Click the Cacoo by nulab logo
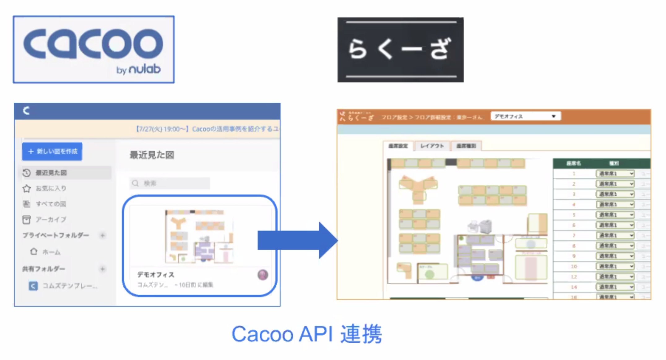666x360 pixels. coord(93,49)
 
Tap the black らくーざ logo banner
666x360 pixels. coord(400,50)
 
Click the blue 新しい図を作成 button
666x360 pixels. coord(52,151)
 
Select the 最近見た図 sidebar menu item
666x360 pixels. coord(51,173)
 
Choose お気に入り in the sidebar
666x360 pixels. coord(51,188)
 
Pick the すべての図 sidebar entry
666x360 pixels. coord(51,204)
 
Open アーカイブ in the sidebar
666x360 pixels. coord(51,220)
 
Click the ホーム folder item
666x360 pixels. coord(51,252)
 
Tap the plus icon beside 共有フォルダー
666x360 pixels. coord(102,269)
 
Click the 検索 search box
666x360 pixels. coord(170,183)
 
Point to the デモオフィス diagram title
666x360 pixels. coord(156,275)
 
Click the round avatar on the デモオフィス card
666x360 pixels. coord(263,275)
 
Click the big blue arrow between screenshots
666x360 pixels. coord(297,240)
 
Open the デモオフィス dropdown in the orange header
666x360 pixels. coord(525,116)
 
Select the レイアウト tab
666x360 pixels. coord(432,146)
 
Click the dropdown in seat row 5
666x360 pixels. coord(615,215)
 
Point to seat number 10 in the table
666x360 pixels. coord(574,266)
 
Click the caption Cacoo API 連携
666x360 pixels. coord(307,334)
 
